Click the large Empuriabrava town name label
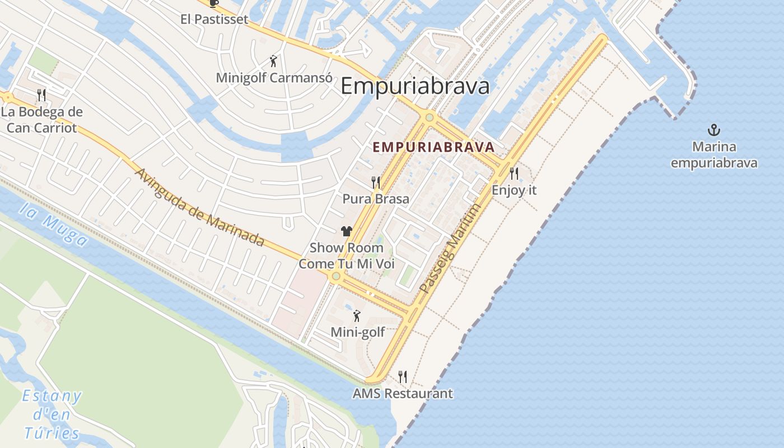(x=415, y=86)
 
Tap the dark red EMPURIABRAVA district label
(x=433, y=147)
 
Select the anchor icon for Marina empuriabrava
(x=713, y=130)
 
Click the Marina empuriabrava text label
(x=714, y=155)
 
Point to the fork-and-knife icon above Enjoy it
(x=514, y=173)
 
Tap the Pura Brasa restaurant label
(x=376, y=199)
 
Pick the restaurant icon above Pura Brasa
(x=376, y=182)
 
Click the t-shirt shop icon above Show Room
(x=346, y=231)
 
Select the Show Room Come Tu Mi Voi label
(x=347, y=255)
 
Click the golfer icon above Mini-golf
(x=357, y=316)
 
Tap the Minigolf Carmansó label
(x=274, y=78)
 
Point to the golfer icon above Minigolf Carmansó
(x=273, y=60)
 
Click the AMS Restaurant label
(x=402, y=394)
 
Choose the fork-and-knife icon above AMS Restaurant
(x=402, y=376)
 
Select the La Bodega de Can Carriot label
(x=41, y=119)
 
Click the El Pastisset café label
(x=214, y=19)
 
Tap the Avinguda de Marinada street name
(x=199, y=207)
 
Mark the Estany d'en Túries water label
(x=52, y=414)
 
